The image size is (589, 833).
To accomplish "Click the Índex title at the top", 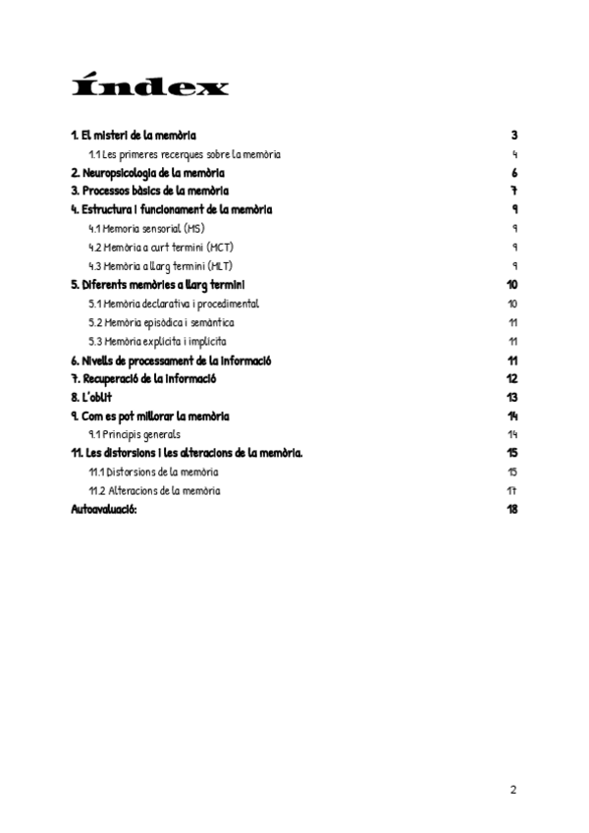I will click(150, 87).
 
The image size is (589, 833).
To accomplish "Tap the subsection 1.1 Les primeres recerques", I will click(185, 154).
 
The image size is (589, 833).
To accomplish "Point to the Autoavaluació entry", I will click(104, 509).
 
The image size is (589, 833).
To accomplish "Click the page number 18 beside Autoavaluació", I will click(511, 509).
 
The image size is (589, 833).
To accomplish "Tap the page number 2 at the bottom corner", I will click(512, 789).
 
